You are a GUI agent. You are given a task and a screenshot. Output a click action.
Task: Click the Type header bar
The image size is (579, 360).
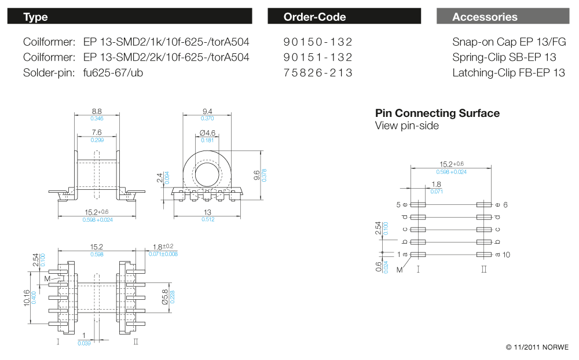click(x=129, y=17)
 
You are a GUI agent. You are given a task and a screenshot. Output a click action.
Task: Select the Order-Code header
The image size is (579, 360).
click(x=344, y=17)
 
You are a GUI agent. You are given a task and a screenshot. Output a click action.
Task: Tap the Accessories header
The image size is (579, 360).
click(x=503, y=17)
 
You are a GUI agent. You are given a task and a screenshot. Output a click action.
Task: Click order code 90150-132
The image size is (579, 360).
click(x=318, y=42)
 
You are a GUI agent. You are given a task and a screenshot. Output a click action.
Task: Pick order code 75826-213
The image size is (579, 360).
click(x=318, y=73)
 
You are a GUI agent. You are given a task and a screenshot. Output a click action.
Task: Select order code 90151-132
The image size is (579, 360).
click(x=318, y=57)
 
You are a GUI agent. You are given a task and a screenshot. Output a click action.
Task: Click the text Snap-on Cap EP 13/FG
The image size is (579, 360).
click(x=509, y=42)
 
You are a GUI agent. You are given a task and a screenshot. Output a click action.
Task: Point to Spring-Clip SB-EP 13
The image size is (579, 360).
click(x=504, y=57)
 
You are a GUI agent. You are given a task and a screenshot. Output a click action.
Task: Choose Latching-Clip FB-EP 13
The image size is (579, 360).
click(x=508, y=73)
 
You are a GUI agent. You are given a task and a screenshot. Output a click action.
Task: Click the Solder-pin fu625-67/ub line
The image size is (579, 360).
click(x=83, y=73)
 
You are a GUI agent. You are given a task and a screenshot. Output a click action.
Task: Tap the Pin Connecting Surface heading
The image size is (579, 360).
click(x=437, y=113)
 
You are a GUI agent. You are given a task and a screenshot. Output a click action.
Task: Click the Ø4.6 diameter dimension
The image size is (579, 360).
click(x=207, y=133)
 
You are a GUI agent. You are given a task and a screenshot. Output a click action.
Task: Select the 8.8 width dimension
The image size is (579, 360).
click(x=97, y=112)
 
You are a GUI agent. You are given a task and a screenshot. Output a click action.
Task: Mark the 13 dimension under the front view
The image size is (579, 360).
click(x=207, y=212)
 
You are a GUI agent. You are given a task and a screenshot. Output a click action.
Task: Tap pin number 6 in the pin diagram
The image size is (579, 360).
click(x=505, y=205)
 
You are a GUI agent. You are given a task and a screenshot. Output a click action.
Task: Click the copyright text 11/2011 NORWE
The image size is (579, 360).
click(x=537, y=347)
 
